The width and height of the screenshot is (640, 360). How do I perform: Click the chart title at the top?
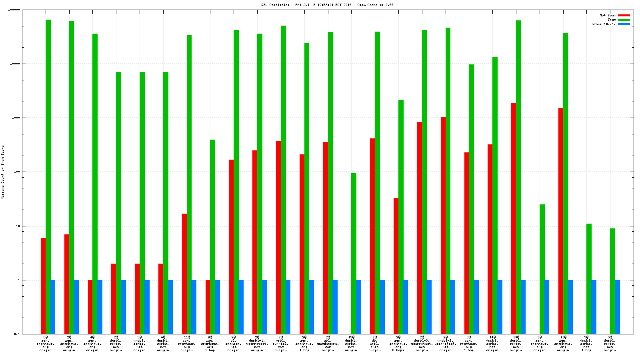tap(327, 5)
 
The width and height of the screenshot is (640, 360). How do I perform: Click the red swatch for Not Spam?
tap(624, 15)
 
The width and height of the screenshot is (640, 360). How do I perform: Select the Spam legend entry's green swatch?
tap(624, 20)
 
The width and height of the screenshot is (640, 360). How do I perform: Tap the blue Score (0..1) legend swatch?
tap(624, 24)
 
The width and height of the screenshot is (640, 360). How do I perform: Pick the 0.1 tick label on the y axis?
tap(17, 334)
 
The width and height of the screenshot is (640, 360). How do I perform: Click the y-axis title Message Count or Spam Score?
tap(3, 172)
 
